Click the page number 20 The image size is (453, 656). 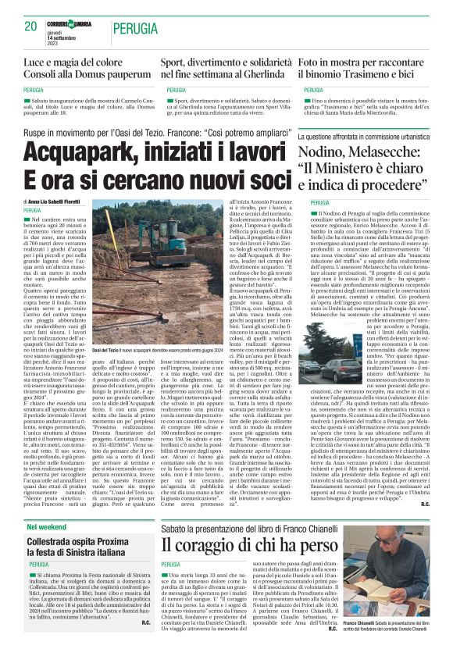[31, 27]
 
